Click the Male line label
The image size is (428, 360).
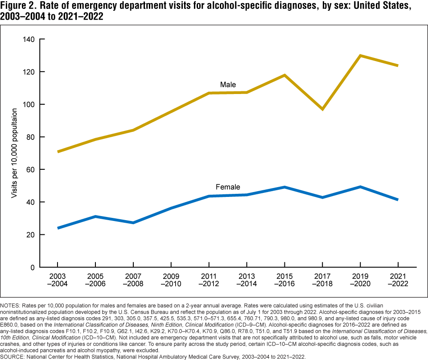click(228, 85)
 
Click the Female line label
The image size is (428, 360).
click(227, 187)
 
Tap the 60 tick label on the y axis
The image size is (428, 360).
click(30, 169)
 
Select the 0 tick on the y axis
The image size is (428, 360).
click(33, 267)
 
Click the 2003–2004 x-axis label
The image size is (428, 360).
click(58, 280)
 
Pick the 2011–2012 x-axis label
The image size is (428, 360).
click(209, 280)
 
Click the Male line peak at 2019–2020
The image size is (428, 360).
click(360, 56)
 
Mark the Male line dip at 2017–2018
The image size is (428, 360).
click(322, 109)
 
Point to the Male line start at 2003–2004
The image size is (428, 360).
click(58, 152)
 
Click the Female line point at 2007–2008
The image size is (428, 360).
click(133, 222)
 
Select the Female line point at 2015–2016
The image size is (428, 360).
click(284, 187)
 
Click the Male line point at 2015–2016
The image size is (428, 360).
click(284, 75)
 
